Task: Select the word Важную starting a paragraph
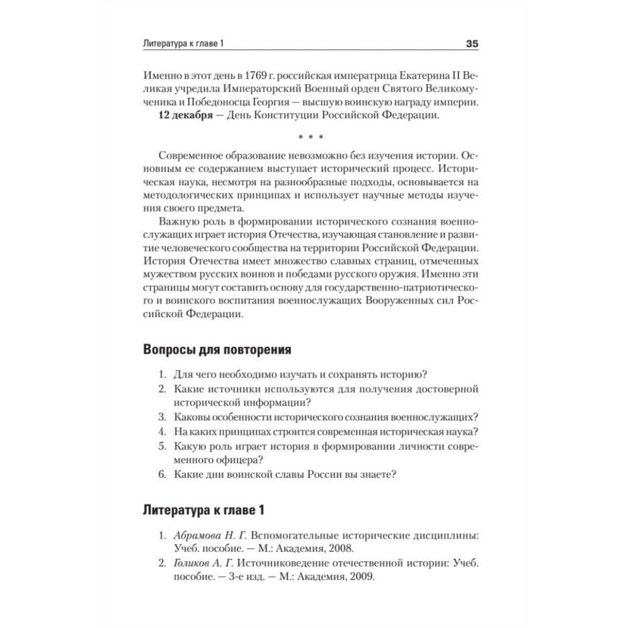(x=180, y=224)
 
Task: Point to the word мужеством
(x=172, y=274)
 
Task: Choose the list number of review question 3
(x=161, y=416)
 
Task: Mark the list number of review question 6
(x=161, y=475)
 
